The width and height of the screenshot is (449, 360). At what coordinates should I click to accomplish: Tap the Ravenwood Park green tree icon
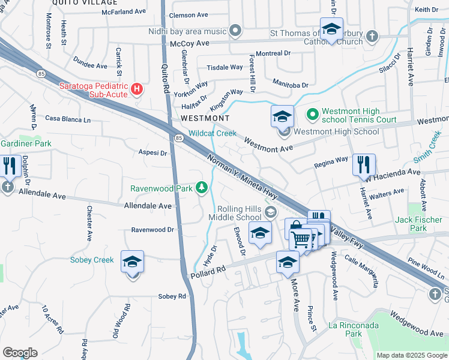pos(203,188)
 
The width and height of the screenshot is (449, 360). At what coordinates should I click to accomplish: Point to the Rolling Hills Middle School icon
pos(271,211)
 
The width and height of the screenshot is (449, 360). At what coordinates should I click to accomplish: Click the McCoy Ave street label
pos(189,44)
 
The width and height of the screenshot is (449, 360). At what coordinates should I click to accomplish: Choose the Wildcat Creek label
pos(212,133)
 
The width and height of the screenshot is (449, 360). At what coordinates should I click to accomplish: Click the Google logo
pos(20,353)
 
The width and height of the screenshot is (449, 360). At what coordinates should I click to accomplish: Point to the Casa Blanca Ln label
pos(67,119)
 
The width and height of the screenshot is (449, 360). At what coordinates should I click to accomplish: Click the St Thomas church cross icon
pos(372,37)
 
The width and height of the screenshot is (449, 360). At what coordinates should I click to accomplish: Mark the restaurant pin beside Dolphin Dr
pos(8,165)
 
